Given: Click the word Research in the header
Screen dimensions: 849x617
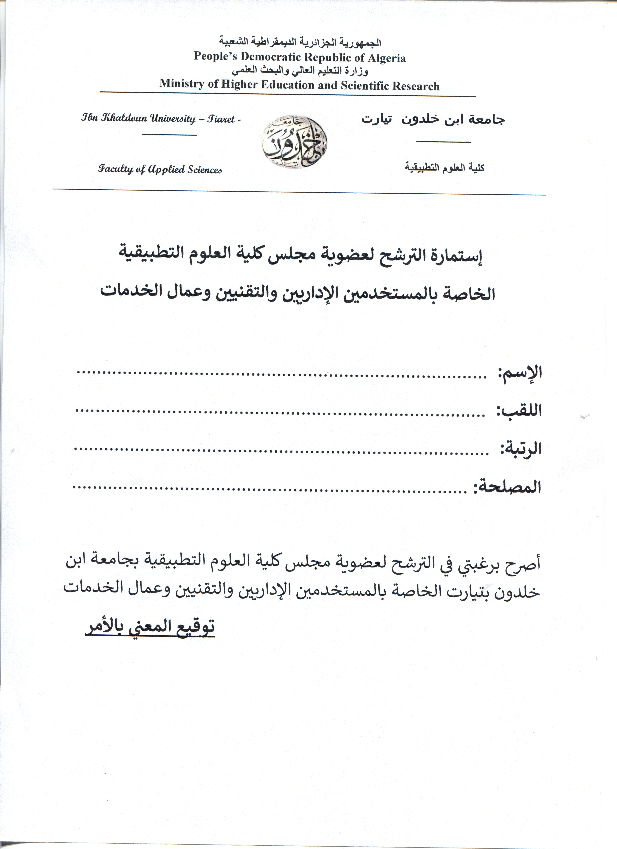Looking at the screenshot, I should [x=416, y=86].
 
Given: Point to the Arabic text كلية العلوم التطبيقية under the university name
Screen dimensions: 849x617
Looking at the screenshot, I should [x=444, y=168].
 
